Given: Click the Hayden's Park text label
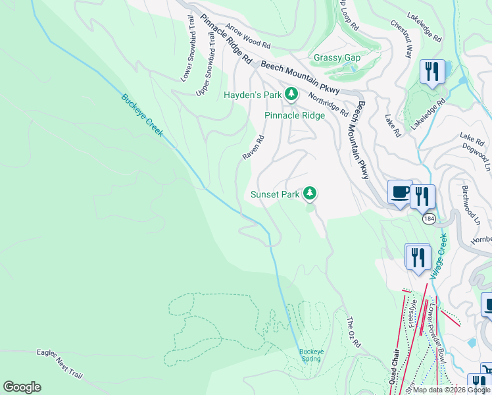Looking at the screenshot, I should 253,95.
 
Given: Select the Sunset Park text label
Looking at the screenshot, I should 275,194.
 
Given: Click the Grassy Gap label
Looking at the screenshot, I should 337,58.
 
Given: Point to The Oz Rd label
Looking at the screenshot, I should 354,332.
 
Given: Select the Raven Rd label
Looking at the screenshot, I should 253,147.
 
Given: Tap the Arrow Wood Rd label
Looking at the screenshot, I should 248,38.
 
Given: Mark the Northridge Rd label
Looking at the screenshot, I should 328,103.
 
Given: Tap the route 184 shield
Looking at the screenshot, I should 430,218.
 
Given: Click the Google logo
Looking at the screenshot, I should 22,387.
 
